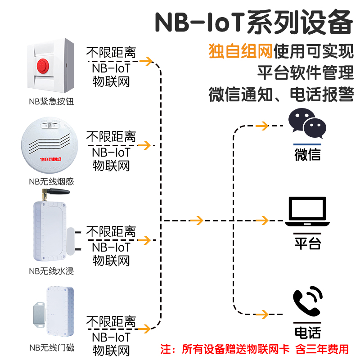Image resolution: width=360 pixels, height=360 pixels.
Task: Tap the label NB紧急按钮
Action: tap(51, 102)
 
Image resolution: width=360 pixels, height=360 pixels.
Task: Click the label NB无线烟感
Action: tap(51, 182)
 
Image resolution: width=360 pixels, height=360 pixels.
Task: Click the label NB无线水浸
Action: tap(51, 271)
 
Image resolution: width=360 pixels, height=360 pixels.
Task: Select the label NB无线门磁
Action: tap(51, 347)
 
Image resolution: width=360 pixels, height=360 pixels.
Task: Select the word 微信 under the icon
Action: tap(307, 154)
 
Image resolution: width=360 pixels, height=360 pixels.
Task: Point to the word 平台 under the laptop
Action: tap(307, 243)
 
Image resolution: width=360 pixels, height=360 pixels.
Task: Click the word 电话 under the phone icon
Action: tap(307, 333)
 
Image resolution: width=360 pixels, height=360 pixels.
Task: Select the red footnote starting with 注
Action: tap(255, 349)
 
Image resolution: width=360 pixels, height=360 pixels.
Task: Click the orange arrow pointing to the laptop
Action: tap(262, 220)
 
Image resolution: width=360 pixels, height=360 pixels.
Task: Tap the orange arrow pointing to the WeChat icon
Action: tap(262, 126)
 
